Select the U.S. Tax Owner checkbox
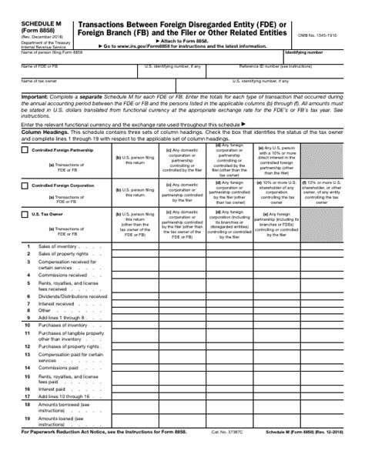pos(25,215)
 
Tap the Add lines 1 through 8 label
pos(60,317)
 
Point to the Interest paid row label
pos(52,389)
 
